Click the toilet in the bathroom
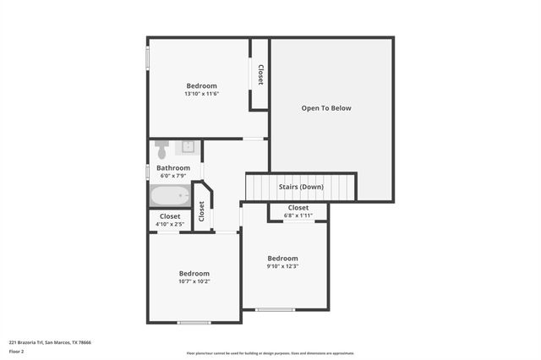point(161,150)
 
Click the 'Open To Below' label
point(326,108)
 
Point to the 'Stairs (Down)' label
point(301,187)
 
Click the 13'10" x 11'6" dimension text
point(202,94)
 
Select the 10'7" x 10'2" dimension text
point(194,281)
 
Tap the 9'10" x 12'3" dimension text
point(283,266)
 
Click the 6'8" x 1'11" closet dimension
point(298,215)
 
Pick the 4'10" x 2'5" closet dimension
point(170,224)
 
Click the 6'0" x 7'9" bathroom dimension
point(172,176)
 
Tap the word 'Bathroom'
point(173,168)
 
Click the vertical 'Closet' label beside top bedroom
point(260,75)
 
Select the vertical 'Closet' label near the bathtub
point(201,211)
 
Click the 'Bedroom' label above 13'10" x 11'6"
point(202,86)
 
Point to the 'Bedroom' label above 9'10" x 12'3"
point(283,259)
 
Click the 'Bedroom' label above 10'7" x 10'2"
point(194,274)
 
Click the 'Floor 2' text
point(16,352)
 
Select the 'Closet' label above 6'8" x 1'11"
point(298,208)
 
